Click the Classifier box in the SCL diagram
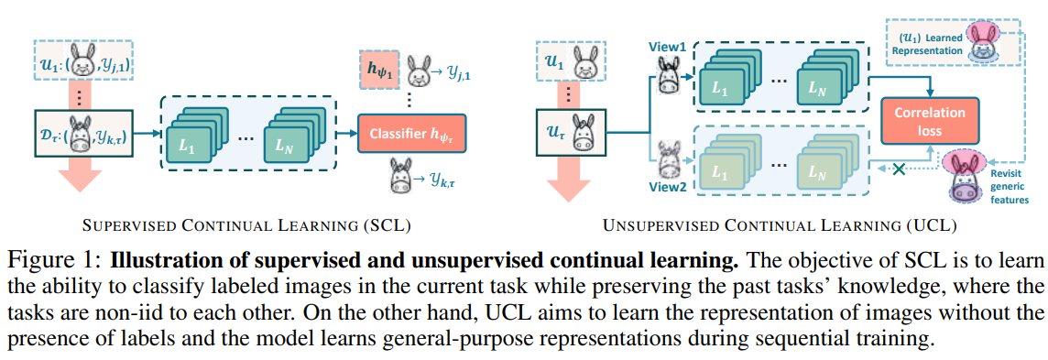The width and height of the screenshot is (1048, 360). coord(412,134)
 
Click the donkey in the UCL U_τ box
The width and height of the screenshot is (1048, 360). coord(581,138)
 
